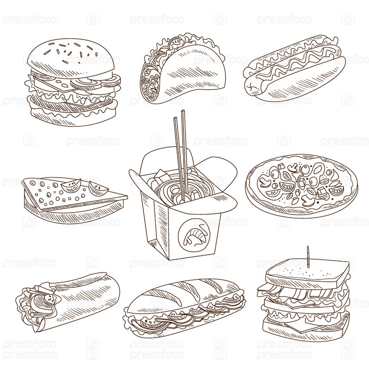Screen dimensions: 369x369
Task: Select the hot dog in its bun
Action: pyautogui.click(x=294, y=67)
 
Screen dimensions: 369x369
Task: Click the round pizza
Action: pyautogui.click(x=301, y=186)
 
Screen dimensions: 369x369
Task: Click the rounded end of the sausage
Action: pyautogui.click(x=252, y=86)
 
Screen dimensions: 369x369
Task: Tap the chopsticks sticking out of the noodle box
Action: pyautogui.click(x=181, y=155)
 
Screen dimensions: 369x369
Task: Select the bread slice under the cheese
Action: pyautogui.click(x=73, y=213)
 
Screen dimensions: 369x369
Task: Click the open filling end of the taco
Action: pyautogui.click(x=151, y=80)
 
